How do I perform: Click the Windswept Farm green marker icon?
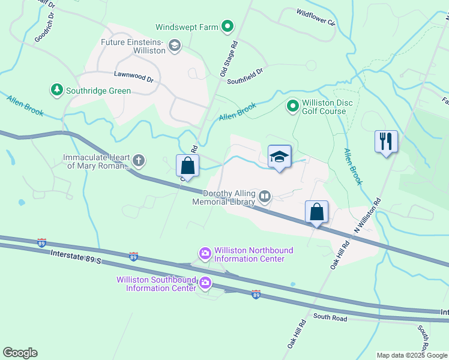coord(228,26)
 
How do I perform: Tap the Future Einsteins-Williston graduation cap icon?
coord(175,46)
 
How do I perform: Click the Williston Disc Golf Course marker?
coord(292,106)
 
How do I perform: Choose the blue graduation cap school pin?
coord(279,157)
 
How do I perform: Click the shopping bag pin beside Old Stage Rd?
coord(187,166)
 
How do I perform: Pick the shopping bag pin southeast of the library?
coord(316,212)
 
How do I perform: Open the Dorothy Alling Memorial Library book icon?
coord(265,197)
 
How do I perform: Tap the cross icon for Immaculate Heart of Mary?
coord(139,160)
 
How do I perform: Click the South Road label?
coord(330,318)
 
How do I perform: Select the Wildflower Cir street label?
coord(315,17)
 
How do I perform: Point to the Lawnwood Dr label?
coord(134,78)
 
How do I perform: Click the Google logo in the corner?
coord(20,353)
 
